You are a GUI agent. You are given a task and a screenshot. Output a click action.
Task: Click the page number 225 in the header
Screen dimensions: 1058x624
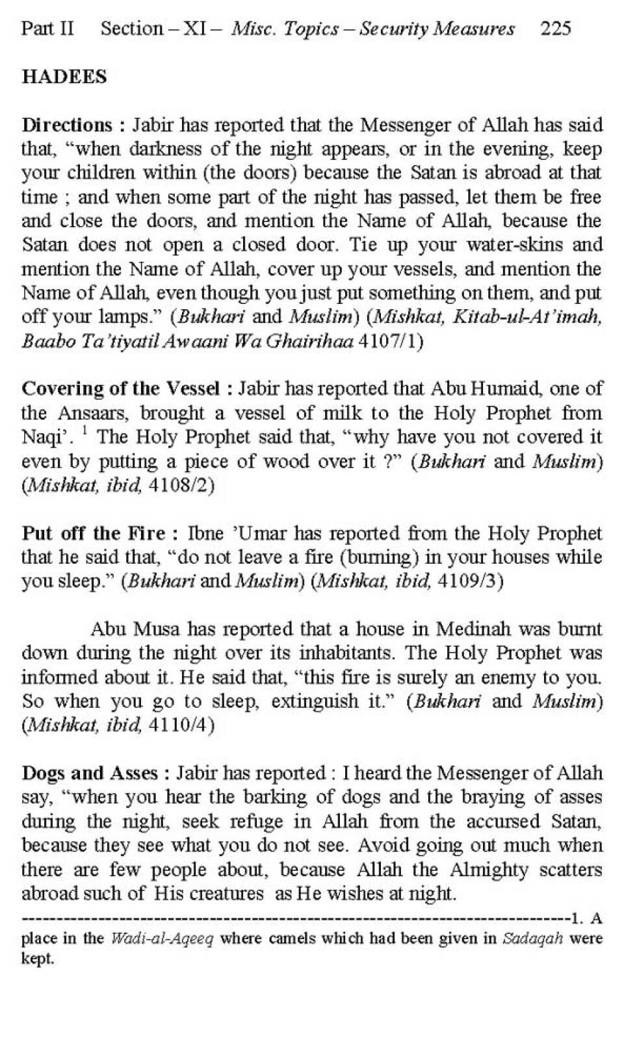point(555,29)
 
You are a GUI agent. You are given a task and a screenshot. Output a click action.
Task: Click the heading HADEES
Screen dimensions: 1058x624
point(64,77)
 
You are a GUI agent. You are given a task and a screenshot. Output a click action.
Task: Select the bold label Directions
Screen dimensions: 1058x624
point(68,125)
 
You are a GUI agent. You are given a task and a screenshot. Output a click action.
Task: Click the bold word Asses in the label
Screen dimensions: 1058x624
point(133,773)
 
